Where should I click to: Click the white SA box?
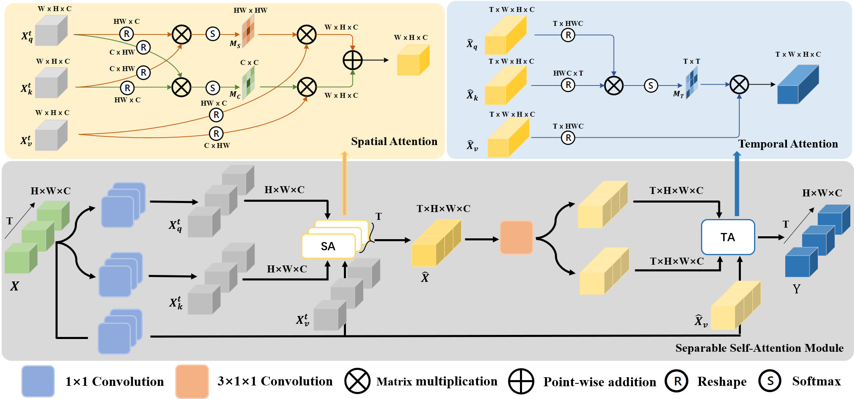tap(328, 246)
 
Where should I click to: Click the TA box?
tap(728, 237)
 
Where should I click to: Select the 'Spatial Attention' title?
tap(394, 141)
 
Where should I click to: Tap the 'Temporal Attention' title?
tap(788, 144)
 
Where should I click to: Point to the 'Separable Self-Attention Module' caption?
tap(759, 348)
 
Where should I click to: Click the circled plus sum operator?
tap(353, 60)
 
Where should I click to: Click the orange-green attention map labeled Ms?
tap(248, 34)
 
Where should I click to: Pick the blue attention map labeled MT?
tap(692, 82)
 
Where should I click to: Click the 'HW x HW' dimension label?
tap(250, 10)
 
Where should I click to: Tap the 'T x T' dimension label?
tap(692, 61)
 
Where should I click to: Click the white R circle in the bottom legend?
tap(677, 381)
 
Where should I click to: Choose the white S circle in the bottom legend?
tap(770, 381)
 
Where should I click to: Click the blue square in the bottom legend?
tap(38, 381)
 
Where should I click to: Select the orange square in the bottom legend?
tap(192, 381)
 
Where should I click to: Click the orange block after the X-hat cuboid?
tap(516, 238)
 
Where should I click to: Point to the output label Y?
tap(796, 289)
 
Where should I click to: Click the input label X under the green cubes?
tap(14, 286)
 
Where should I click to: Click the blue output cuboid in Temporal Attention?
tap(798, 85)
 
